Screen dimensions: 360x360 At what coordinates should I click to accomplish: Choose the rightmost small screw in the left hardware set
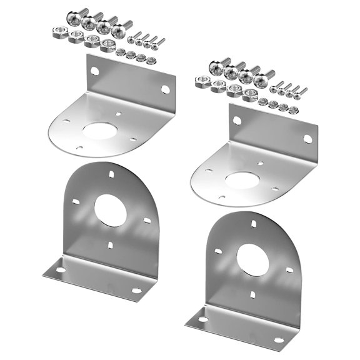click(159, 42)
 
